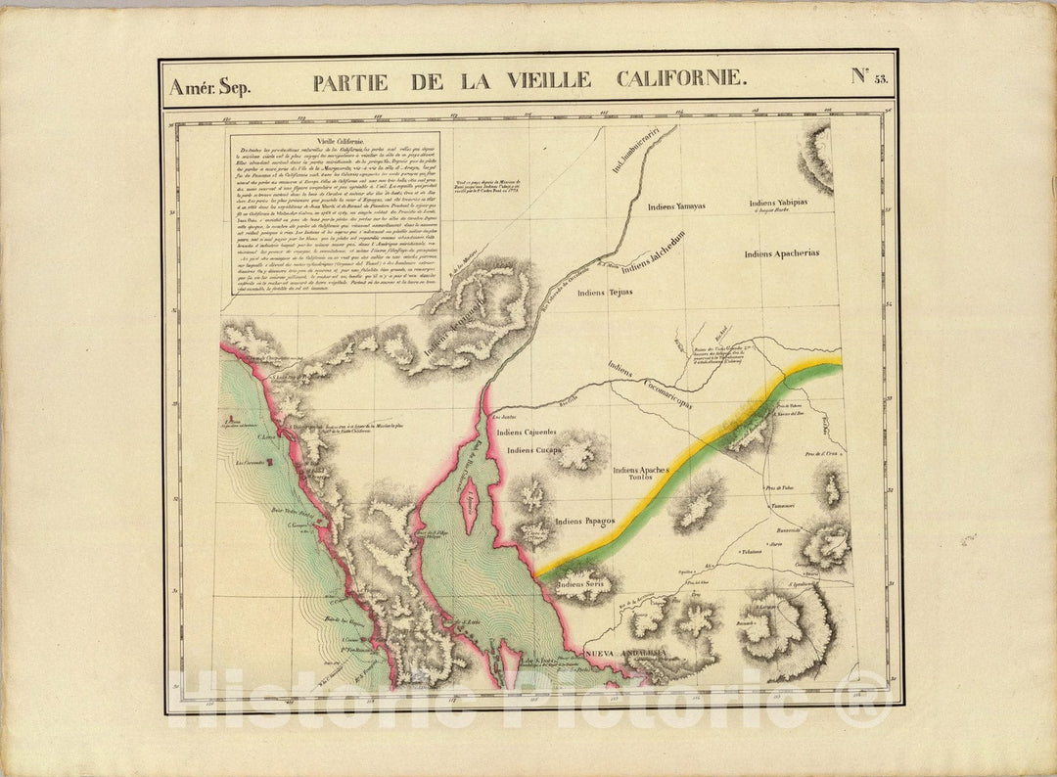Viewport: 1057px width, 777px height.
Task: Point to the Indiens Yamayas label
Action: click(x=677, y=206)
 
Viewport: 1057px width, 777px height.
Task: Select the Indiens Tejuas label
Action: click(x=605, y=292)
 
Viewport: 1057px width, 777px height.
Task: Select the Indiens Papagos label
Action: click(x=584, y=521)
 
